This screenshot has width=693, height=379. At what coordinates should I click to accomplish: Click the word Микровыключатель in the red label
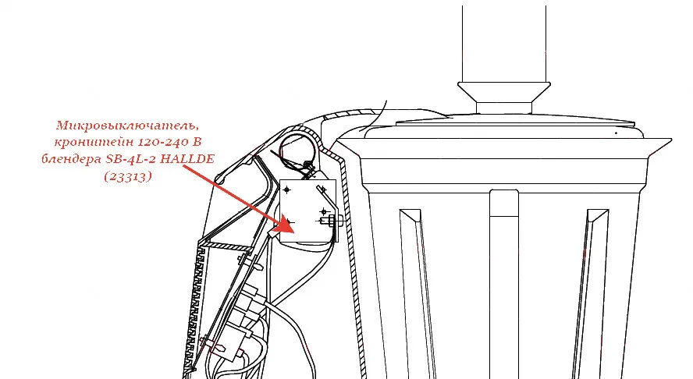click(x=127, y=126)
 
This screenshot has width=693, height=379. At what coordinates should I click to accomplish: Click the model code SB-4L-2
click(x=131, y=158)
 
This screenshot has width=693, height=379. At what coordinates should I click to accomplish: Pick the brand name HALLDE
click(x=187, y=158)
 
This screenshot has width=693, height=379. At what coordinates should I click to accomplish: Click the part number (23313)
click(x=128, y=176)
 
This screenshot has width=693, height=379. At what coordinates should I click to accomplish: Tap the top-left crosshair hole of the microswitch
click(x=287, y=190)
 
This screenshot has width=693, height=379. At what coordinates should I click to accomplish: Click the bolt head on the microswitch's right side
click(x=332, y=220)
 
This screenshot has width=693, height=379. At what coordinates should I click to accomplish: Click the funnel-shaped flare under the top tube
click(x=504, y=92)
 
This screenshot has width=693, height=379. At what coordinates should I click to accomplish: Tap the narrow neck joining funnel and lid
click(x=504, y=108)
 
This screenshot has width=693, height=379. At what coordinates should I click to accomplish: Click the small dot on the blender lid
click(x=616, y=133)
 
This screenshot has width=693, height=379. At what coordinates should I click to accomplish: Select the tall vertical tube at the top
click(x=504, y=44)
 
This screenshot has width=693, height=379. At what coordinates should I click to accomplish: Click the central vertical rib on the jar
click(x=504, y=284)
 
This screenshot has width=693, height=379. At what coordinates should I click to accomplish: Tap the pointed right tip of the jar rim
click(x=671, y=140)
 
